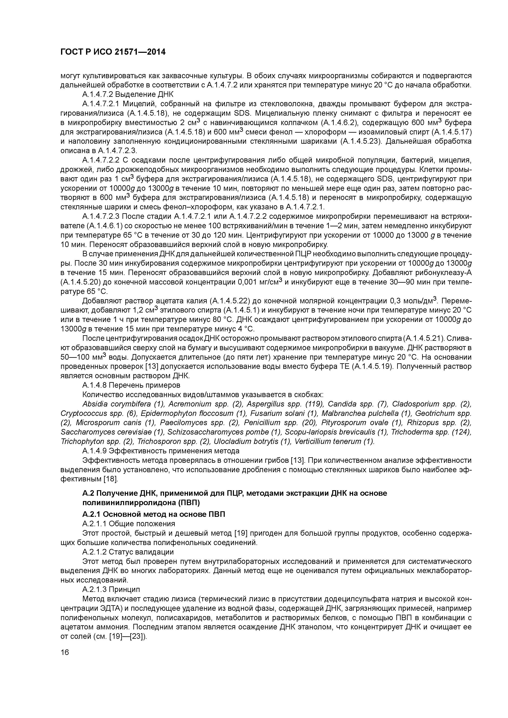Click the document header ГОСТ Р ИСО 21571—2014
point(113,52)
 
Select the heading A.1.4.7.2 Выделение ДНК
point(128,94)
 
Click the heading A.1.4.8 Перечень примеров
point(131,385)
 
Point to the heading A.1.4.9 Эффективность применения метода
point(161,451)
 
